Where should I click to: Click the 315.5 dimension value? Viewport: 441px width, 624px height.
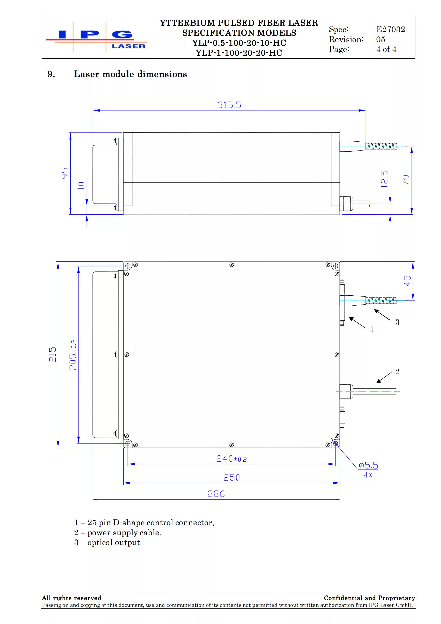tap(229, 105)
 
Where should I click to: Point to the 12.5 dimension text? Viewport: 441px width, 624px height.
tap(384, 179)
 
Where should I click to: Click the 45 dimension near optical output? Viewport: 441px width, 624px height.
tap(407, 281)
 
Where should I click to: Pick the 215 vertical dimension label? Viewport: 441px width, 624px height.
tap(52, 354)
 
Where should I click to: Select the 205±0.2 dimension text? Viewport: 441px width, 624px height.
tap(73, 354)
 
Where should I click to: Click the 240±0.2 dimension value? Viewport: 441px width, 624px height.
tap(231, 459)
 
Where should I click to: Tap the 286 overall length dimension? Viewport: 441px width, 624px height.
tap(216, 494)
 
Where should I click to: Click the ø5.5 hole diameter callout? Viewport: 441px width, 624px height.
tap(368, 465)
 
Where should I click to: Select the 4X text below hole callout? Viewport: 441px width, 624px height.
tap(368, 475)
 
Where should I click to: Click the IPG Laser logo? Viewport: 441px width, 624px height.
tap(97, 37)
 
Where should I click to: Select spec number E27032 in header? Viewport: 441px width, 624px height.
tap(390, 29)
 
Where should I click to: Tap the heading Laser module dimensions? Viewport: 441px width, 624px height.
tap(130, 74)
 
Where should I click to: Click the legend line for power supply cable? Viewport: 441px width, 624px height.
tap(118, 532)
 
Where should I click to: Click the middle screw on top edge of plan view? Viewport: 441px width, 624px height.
tap(232, 265)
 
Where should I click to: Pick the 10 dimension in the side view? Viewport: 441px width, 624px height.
tap(81, 186)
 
